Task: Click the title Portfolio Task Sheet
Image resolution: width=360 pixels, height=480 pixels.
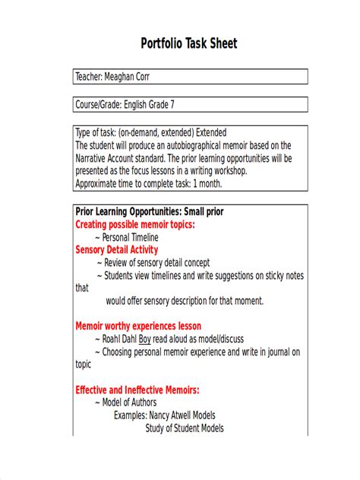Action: coord(189,44)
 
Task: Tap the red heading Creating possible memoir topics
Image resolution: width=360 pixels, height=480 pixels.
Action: coord(135,224)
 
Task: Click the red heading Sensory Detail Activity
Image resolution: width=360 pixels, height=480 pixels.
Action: coord(117,250)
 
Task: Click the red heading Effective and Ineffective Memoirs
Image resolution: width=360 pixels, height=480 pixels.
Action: coord(137,390)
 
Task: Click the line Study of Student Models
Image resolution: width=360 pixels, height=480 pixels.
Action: coord(185,428)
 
